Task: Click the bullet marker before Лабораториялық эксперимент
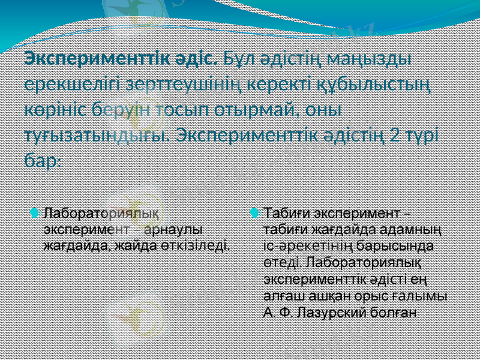pos(35,212)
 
